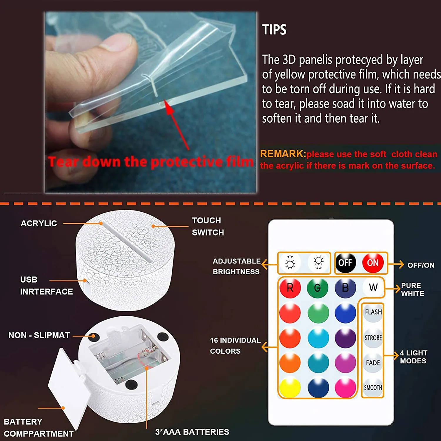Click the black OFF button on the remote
[345, 263]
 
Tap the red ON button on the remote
[373, 263]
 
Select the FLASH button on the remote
[373, 312]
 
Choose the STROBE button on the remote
[373, 338]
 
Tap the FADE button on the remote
[373, 363]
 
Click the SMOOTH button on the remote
[373, 388]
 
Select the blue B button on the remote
[345, 288]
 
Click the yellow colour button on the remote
[290, 388]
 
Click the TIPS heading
[274, 30]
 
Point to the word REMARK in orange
[282, 154]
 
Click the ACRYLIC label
[39, 223]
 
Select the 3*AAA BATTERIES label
[192, 432]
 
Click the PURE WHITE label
[412, 290]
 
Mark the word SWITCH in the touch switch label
[208, 233]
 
